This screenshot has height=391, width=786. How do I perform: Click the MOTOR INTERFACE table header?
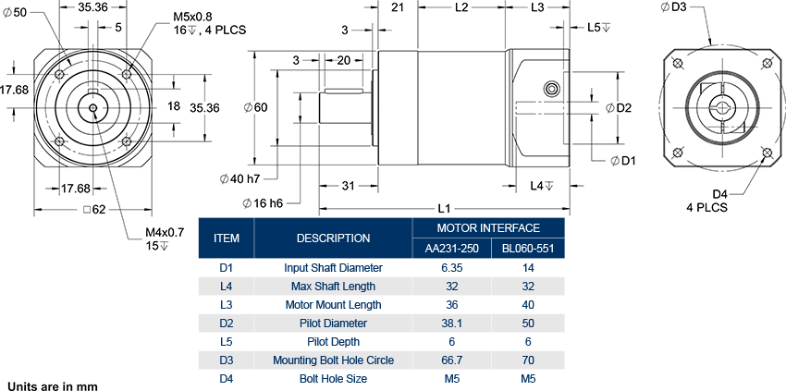(x=487, y=227)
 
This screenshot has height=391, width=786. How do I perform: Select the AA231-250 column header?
(x=452, y=248)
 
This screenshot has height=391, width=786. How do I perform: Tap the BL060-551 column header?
(x=526, y=248)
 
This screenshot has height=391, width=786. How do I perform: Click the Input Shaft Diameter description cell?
(x=333, y=268)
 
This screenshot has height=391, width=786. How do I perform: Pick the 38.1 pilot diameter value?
(x=452, y=324)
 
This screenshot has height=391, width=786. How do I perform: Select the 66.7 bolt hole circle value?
(x=452, y=360)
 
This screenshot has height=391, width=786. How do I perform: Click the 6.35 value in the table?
(x=452, y=268)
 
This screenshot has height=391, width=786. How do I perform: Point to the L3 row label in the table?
(x=226, y=305)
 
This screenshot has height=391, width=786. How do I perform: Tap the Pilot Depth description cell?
(x=333, y=342)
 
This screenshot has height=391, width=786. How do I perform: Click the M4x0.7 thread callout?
(x=165, y=232)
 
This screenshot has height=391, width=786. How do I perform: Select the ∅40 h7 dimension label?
(x=239, y=178)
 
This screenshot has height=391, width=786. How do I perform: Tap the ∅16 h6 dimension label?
(x=262, y=202)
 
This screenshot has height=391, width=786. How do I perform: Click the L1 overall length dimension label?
(x=444, y=208)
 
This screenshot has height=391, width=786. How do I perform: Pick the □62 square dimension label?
(x=94, y=209)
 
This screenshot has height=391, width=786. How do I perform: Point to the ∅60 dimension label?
(x=255, y=108)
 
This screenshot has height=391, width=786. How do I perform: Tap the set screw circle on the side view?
(x=552, y=89)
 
